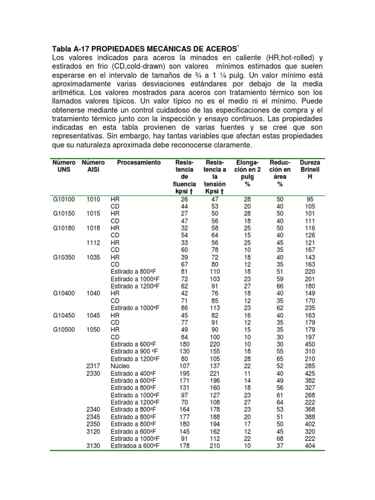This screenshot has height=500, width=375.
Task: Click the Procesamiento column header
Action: click(x=139, y=162)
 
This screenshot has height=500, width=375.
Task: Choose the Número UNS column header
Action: click(x=64, y=166)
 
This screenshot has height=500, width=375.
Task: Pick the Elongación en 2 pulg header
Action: click(x=247, y=173)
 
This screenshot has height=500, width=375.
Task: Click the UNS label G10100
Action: click(x=64, y=199)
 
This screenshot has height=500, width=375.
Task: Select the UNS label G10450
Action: click(x=64, y=315)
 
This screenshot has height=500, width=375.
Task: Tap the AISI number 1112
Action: click(x=93, y=242)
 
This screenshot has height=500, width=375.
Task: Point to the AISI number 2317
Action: click(x=93, y=366)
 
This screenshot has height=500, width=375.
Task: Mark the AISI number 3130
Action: click(x=93, y=446)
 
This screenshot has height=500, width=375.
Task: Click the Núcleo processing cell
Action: click(x=120, y=366)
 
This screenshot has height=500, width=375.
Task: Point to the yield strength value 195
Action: click(x=184, y=374)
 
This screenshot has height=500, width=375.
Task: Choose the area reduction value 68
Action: click(x=280, y=438)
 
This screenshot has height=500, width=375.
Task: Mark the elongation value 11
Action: click(x=247, y=374)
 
